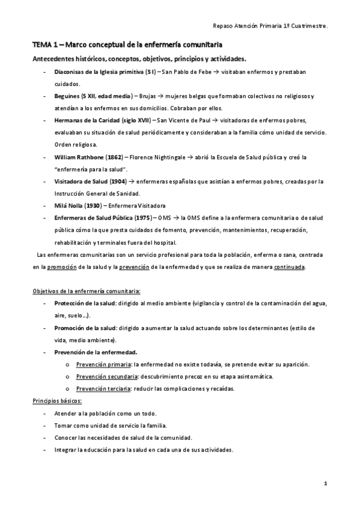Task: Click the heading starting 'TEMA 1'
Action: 127,45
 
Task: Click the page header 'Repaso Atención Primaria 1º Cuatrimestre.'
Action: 270,26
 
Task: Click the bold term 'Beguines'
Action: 66,96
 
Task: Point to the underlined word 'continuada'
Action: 289,266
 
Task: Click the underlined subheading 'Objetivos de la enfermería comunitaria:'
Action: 87,291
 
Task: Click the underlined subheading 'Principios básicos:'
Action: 57,401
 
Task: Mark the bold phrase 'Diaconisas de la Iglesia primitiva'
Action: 99,72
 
